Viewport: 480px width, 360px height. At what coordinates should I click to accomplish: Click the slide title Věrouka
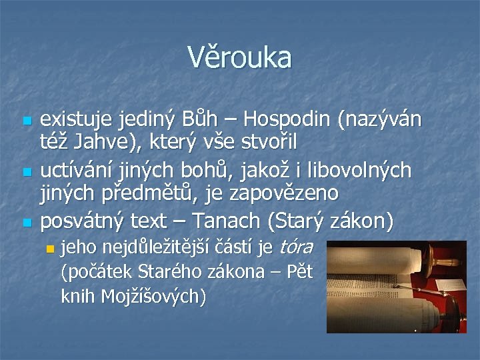239,58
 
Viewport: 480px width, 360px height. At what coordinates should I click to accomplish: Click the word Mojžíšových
153,297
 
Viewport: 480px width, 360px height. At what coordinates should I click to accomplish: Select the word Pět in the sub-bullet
298,272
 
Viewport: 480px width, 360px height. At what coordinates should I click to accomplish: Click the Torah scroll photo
387,287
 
